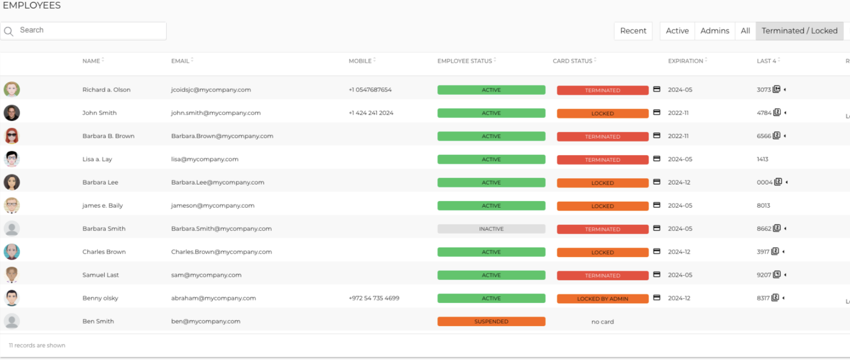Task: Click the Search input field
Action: pyautogui.click(x=84, y=31)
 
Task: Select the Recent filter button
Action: pyautogui.click(x=633, y=31)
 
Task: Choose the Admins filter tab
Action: pyautogui.click(x=714, y=31)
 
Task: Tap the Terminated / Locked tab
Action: pyautogui.click(x=799, y=31)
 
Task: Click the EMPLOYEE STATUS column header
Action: pyautogui.click(x=464, y=61)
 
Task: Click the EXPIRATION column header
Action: pyautogui.click(x=685, y=61)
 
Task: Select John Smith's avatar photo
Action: pyautogui.click(x=12, y=112)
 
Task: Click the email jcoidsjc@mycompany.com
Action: pyautogui.click(x=211, y=90)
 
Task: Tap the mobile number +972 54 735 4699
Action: pyautogui.click(x=374, y=298)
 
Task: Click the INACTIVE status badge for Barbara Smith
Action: pyautogui.click(x=492, y=229)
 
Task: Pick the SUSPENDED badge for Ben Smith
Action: pyautogui.click(x=492, y=321)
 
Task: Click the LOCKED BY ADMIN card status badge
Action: pyautogui.click(x=602, y=298)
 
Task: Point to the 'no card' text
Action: pyautogui.click(x=602, y=322)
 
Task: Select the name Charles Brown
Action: pyautogui.click(x=104, y=252)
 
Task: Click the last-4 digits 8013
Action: pyautogui.click(x=763, y=206)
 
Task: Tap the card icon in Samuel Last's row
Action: pyautogui.click(x=657, y=274)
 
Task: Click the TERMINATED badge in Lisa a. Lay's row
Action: pyautogui.click(x=602, y=160)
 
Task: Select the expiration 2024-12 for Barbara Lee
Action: pyautogui.click(x=679, y=183)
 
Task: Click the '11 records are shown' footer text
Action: pyautogui.click(x=37, y=345)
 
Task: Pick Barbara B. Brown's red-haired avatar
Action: pyautogui.click(x=12, y=136)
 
